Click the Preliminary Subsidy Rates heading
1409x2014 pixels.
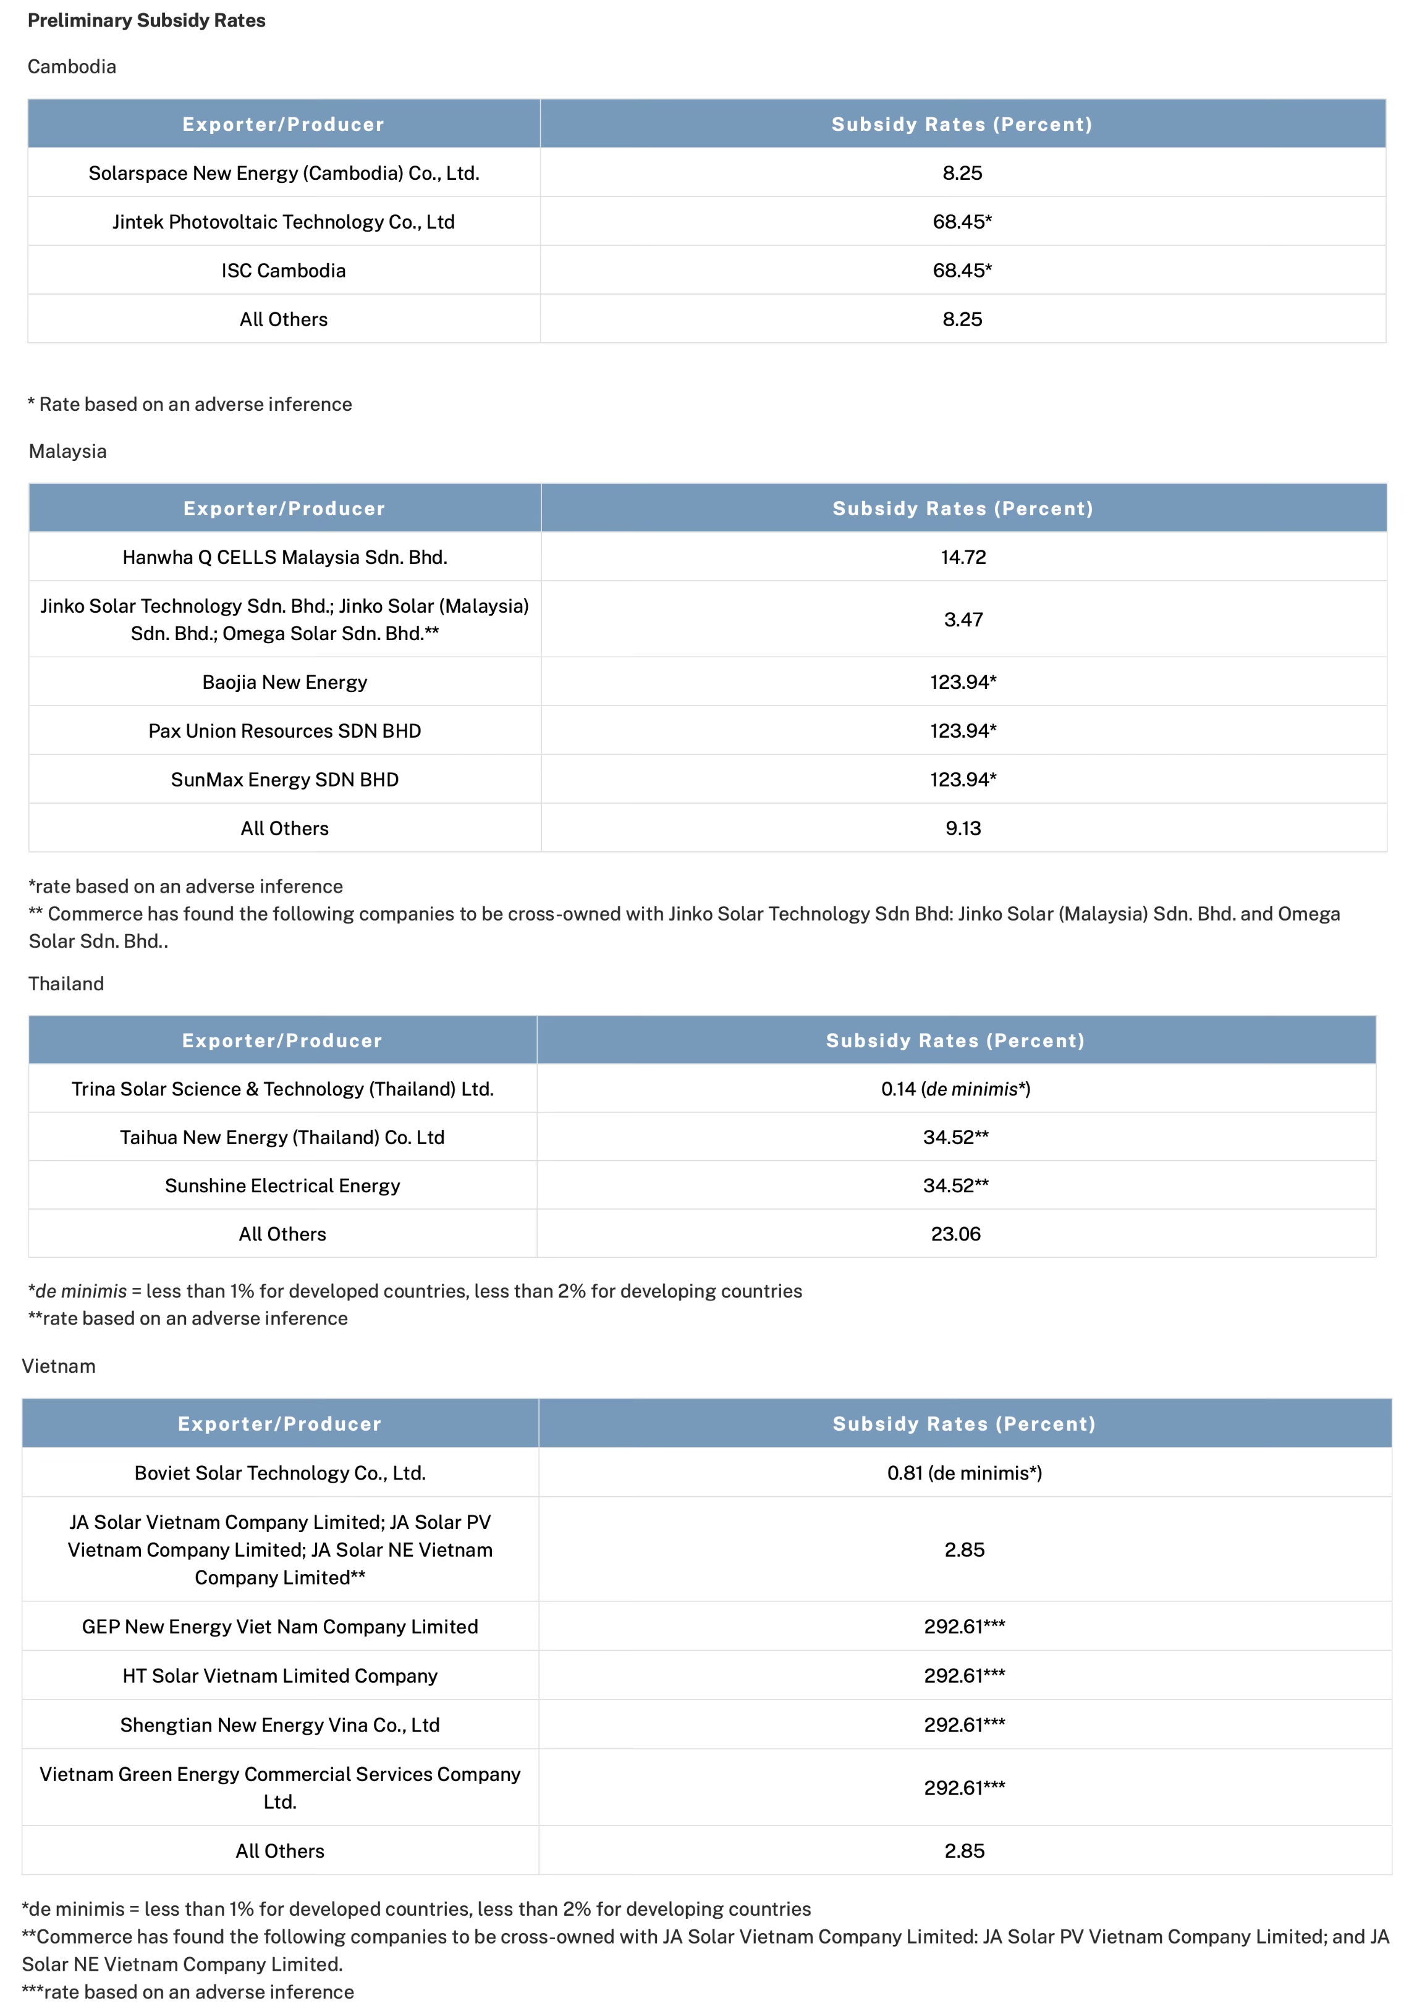click(x=146, y=20)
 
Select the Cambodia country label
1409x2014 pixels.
click(x=72, y=67)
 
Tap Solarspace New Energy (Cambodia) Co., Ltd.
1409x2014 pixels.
click(x=284, y=173)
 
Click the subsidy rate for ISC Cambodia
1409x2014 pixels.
click(x=962, y=270)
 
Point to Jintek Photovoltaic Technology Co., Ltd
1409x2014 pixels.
click(x=284, y=222)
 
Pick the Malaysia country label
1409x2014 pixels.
click(x=67, y=451)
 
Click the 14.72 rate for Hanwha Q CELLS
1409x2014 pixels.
click(x=962, y=557)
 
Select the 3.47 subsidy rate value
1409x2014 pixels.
click(x=962, y=619)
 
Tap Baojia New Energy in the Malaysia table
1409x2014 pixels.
click(x=284, y=683)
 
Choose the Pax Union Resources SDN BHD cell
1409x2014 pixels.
click(x=284, y=731)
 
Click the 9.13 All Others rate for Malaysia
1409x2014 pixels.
click(x=962, y=828)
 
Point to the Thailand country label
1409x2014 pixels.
click(x=66, y=984)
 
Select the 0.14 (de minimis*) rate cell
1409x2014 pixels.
click(x=955, y=1089)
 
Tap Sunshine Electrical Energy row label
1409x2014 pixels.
click(x=282, y=1186)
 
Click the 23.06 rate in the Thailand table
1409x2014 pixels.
click(x=955, y=1234)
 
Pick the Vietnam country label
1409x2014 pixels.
click(x=59, y=1366)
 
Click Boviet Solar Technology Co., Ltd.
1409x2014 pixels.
click(x=280, y=1473)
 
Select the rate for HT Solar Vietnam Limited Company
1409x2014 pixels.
click(x=964, y=1675)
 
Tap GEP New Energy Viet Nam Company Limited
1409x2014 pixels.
click(x=280, y=1626)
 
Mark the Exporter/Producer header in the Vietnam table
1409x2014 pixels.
click(x=280, y=1423)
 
